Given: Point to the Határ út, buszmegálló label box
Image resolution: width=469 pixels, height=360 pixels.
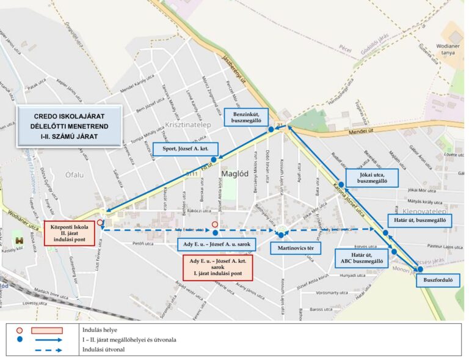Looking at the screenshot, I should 420,221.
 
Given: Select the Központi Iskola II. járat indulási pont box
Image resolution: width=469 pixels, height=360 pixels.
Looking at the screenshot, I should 69,233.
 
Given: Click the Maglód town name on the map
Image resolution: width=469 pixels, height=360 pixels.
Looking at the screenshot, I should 231,175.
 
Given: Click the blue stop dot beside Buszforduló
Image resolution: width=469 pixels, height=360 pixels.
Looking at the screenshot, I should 420,269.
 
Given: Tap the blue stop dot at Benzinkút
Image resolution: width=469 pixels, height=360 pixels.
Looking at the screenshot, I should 271,130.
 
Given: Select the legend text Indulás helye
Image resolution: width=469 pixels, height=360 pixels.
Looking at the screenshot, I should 101,329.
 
